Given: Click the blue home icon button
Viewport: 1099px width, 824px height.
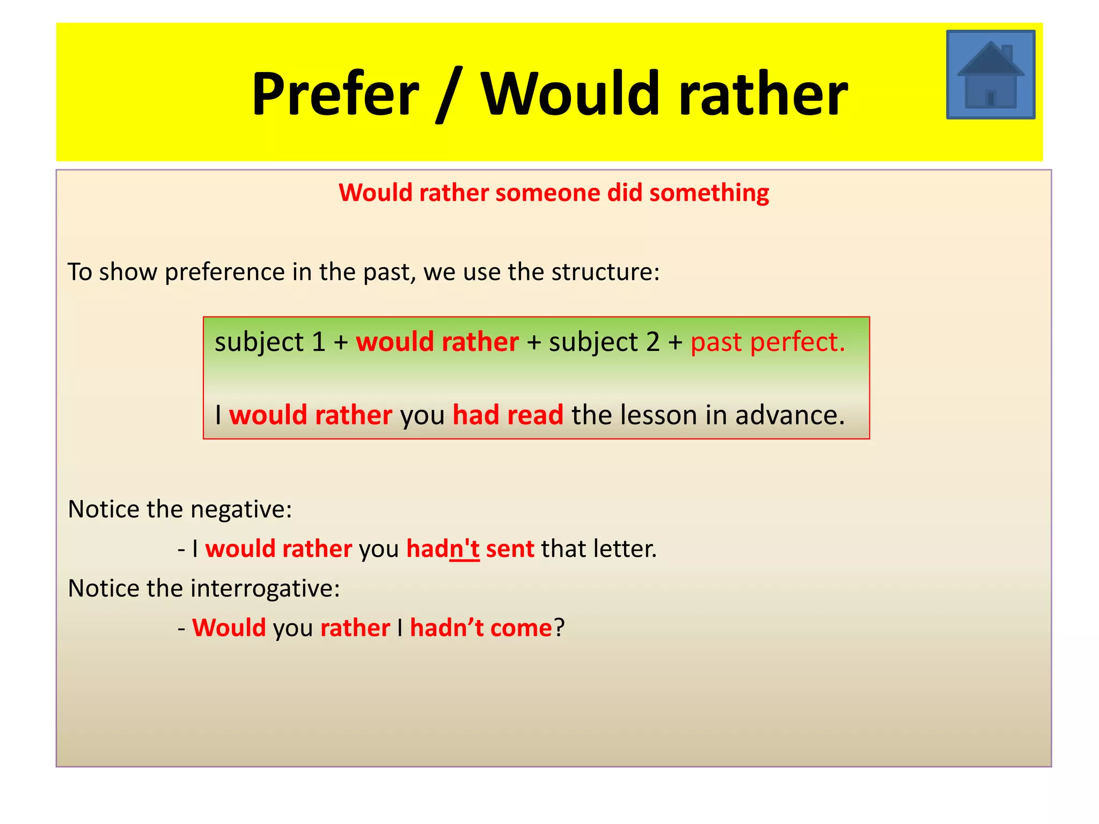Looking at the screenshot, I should pyautogui.click(x=990, y=75).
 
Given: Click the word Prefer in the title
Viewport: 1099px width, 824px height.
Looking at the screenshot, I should pyautogui.click(x=335, y=94).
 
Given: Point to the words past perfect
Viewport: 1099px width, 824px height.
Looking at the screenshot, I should pyautogui.click(x=767, y=342).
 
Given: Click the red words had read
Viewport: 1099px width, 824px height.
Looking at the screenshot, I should pyautogui.click(x=508, y=415).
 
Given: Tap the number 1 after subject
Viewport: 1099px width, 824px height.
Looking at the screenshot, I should pyautogui.click(x=318, y=342).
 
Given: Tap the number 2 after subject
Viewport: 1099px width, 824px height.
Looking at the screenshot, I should pyautogui.click(x=653, y=342).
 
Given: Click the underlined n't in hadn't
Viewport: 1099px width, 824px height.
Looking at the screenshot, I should pyautogui.click(x=464, y=549).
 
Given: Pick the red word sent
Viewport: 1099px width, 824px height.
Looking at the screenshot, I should pyautogui.click(x=510, y=549).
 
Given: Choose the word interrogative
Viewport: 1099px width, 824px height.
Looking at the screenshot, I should pyautogui.click(x=265, y=588).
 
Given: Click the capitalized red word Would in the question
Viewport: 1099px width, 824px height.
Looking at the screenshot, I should pyautogui.click(x=229, y=628).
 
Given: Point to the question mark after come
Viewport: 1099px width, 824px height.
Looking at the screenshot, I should pyautogui.click(x=559, y=628).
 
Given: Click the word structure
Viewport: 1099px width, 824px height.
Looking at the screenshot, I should pyautogui.click(x=605, y=272).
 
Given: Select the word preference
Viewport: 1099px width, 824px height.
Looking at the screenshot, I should pyautogui.click(x=225, y=272).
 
